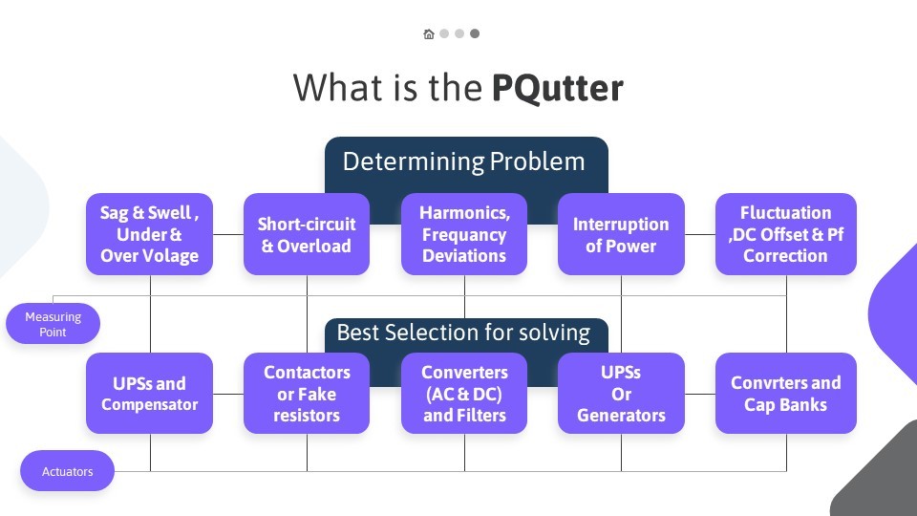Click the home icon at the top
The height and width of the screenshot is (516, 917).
pyautogui.click(x=429, y=34)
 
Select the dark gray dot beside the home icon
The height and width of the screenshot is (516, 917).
pyautogui.click(x=475, y=34)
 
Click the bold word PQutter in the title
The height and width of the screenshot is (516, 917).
pyautogui.click(x=557, y=88)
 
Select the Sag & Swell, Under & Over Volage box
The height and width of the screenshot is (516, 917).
pyautogui.click(x=149, y=234)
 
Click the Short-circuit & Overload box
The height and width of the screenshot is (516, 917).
pyautogui.click(x=307, y=234)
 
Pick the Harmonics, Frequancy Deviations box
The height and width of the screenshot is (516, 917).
pyautogui.click(x=464, y=234)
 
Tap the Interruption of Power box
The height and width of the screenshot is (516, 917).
pyautogui.click(x=621, y=234)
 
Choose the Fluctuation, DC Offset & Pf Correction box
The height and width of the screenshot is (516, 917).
pyautogui.click(x=786, y=234)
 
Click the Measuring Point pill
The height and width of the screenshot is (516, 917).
pyautogui.click(x=53, y=324)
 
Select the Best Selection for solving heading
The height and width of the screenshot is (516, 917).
pyautogui.click(x=464, y=333)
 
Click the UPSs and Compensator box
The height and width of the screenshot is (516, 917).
pyautogui.click(x=149, y=393)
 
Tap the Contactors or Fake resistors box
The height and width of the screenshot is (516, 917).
pyautogui.click(x=307, y=393)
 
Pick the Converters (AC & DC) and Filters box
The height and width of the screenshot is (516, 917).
pyautogui.click(x=464, y=393)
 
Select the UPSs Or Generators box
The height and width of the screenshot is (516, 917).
pyautogui.click(x=621, y=393)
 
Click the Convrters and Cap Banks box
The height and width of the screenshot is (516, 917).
pyautogui.click(x=786, y=393)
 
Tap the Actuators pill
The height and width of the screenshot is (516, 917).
pyautogui.click(x=67, y=471)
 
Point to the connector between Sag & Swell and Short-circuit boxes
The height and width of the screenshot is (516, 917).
pyautogui.click(x=228, y=234)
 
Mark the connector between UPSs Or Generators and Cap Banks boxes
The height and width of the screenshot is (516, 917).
pyautogui.click(x=700, y=394)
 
